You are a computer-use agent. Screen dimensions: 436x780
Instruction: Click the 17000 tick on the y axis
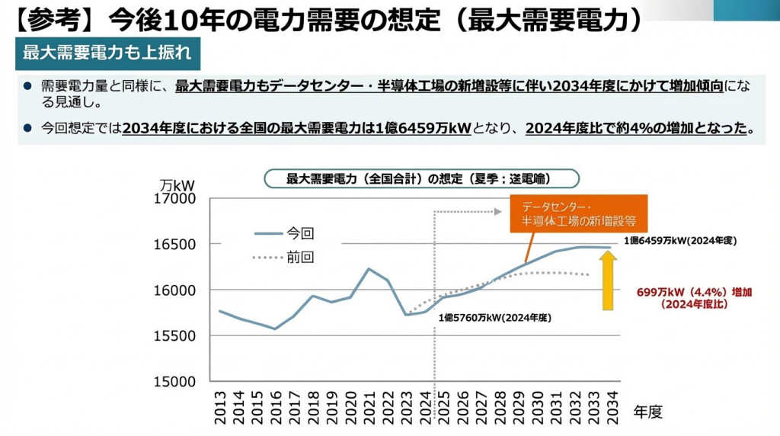(x=174, y=199)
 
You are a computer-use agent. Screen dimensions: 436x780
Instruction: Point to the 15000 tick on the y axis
(x=174, y=381)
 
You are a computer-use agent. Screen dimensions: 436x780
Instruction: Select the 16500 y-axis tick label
(x=174, y=245)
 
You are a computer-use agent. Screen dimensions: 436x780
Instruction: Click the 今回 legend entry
(x=300, y=233)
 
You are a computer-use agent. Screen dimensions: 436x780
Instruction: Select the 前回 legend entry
(x=300, y=258)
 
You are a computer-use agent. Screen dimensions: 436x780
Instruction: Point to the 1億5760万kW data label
(x=494, y=317)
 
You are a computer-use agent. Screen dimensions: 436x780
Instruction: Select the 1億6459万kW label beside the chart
(x=680, y=240)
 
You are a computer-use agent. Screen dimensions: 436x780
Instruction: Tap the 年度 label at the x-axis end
(x=648, y=412)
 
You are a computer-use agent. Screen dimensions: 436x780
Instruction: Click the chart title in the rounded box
(x=420, y=178)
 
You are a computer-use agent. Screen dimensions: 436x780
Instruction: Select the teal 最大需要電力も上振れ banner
(x=107, y=53)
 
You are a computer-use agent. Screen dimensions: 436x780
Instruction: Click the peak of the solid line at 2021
(x=369, y=268)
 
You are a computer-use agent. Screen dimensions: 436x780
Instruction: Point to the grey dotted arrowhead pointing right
(x=497, y=210)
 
